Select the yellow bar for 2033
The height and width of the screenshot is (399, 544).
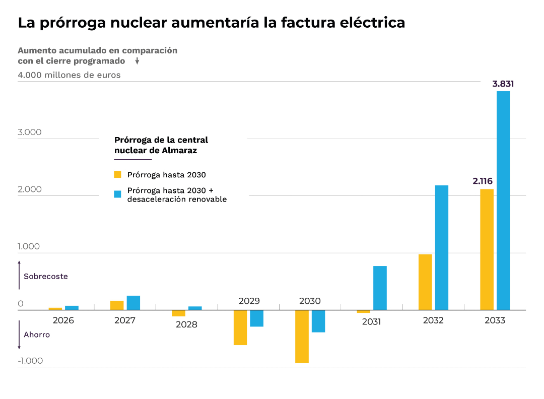(x=487, y=249)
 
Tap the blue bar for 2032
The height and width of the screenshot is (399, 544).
(x=442, y=247)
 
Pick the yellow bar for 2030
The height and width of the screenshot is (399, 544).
(x=302, y=336)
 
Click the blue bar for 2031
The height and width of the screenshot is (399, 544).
(x=380, y=288)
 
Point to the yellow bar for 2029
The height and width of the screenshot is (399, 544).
(x=240, y=327)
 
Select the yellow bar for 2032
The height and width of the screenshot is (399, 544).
(x=425, y=282)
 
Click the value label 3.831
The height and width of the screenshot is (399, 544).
(x=503, y=84)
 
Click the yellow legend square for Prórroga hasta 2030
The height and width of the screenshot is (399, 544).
(x=118, y=174)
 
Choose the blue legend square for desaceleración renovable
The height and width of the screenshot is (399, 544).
(x=118, y=194)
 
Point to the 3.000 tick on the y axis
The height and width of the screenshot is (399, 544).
(x=30, y=132)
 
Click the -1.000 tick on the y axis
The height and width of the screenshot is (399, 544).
(x=30, y=361)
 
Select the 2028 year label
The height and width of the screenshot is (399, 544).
(x=186, y=324)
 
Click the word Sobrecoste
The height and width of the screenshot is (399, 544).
(x=46, y=277)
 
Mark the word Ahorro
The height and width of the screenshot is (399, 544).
(x=37, y=335)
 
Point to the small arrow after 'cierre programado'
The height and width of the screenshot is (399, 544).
(x=137, y=61)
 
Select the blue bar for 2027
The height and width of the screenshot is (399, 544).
(x=133, y=302)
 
